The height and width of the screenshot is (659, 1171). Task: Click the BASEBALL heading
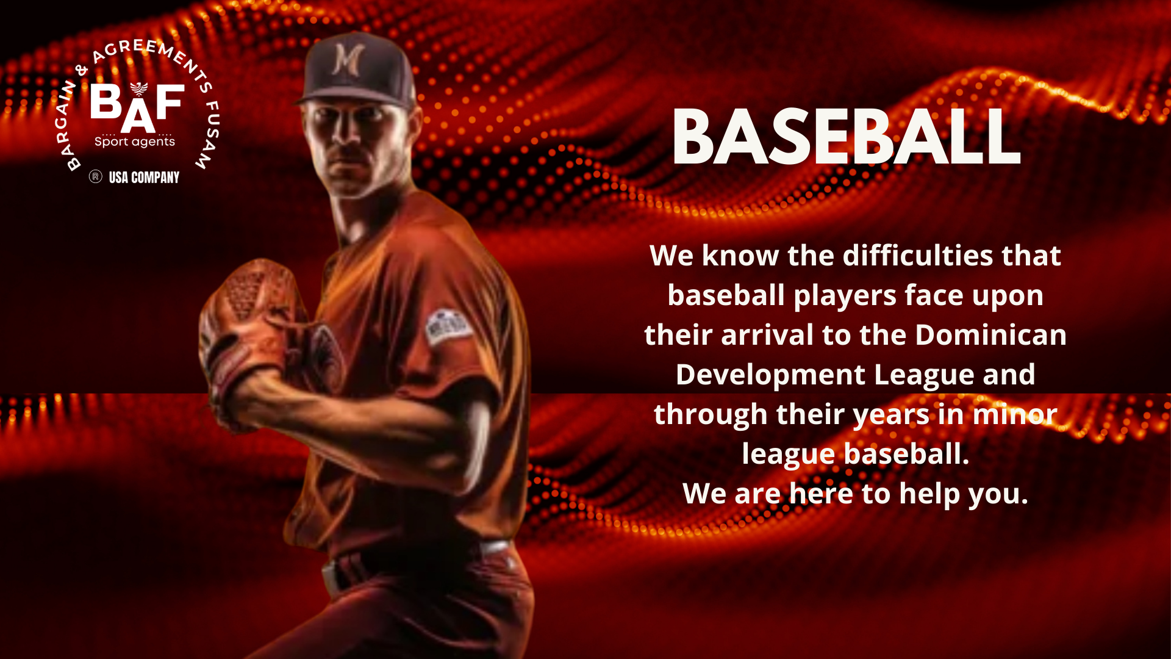(x=846, y=137)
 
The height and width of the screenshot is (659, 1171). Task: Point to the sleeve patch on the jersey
(x=448, y=326)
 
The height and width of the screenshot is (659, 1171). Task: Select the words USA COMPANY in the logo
(x=144, y=178)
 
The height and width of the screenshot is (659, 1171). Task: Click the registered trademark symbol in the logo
(x=95, y=177)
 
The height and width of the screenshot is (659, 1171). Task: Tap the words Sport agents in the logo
(x=135, y=142)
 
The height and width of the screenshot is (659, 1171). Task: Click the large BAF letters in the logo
(x=137, y=107)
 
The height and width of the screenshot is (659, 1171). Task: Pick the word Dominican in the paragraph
(x=990, y=335)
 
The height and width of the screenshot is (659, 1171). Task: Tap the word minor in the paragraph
(x=1015, y=414)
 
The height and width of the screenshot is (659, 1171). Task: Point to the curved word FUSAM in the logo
(x=207, y=135)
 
